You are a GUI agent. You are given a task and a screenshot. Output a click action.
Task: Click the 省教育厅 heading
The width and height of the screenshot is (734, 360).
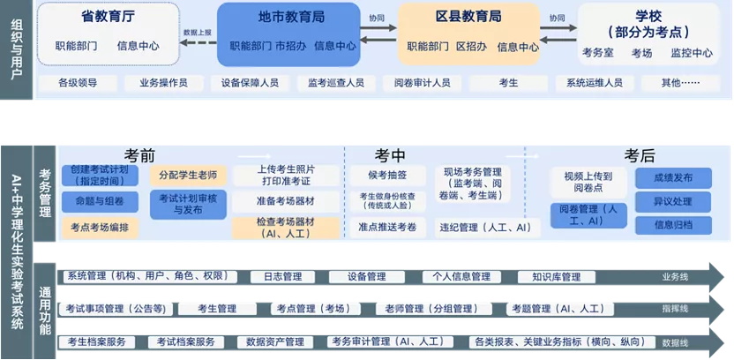tap(109, 16)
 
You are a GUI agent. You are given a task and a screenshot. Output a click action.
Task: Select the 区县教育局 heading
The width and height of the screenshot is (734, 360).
tap(468, 16)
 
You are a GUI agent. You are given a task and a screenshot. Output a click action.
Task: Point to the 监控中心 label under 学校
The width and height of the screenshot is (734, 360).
tap(691, 53)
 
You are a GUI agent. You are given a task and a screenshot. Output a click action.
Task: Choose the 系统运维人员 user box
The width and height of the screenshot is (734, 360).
tap(594, 83)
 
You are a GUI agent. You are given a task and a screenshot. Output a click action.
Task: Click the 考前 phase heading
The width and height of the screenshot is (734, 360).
tap(140, 155)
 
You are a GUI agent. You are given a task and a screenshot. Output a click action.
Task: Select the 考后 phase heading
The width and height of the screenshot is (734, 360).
tap(640, 155)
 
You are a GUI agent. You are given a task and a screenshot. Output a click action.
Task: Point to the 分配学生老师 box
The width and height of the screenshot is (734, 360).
tap(188, 175)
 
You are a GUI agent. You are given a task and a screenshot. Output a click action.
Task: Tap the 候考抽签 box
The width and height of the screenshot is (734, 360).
tap(388, 175)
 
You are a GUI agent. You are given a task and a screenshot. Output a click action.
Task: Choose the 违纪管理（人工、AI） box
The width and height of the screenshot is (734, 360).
tap(486, 227)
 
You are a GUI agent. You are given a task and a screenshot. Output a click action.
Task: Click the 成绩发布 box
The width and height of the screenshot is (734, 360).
tap(673, 177)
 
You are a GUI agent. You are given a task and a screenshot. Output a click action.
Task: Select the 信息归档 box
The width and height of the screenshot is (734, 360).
tap(673, 225)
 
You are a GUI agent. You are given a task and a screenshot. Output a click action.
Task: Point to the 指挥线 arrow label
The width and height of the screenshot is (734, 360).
tap(675, 309)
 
